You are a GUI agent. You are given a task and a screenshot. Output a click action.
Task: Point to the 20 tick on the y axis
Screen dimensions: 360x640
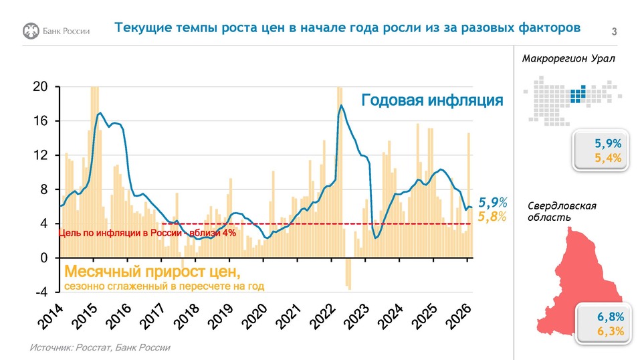[x=41, y=87]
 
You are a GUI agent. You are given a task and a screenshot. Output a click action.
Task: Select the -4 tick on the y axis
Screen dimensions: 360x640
[x=40, y=292]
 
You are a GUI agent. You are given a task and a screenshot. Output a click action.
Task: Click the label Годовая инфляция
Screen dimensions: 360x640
[x=432, y=100]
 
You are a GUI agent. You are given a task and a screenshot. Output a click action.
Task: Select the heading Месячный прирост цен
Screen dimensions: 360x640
[x=152, y=272]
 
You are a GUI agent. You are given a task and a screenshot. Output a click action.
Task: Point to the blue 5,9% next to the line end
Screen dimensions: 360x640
[x=493, y=202]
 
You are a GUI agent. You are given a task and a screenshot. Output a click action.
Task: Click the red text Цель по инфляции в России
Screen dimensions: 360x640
[x=120, y=233]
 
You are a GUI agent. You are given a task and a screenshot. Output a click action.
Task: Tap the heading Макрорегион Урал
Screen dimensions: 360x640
[x=568, y=58]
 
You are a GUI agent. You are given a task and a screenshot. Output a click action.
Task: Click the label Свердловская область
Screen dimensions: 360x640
[x=562, y=212]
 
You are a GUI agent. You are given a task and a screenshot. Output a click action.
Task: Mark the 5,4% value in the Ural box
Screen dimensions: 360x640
[x=608, y=159]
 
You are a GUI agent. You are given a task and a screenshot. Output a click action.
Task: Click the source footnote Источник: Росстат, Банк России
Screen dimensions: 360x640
[x=100, y=347]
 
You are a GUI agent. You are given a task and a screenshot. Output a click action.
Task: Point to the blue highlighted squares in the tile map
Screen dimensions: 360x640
[x=578, y=93]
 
